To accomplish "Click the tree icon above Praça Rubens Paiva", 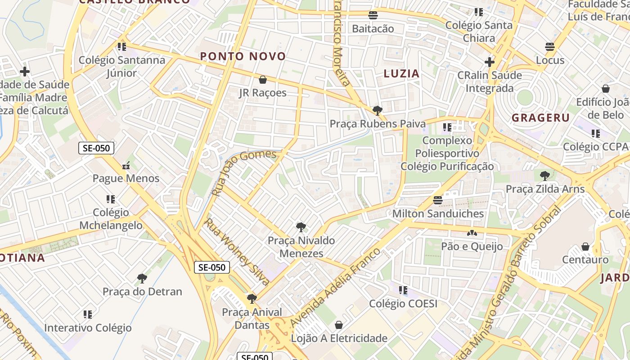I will pos(377,110).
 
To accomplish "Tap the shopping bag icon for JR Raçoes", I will pos(263,80).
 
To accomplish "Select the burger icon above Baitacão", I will pos(373,15).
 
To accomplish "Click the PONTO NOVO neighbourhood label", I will pos(243,56).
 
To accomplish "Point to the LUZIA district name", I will pos(401,74).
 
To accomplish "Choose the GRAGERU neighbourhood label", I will pos(541,118).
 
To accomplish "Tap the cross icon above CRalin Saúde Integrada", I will pos(490,62).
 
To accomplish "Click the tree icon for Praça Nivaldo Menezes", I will pos(301,227).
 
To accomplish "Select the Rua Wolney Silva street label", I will pos(237,252).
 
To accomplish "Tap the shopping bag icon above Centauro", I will pos(585,247).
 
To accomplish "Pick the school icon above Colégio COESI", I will pos(403,290).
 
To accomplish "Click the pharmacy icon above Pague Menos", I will pos(126,166).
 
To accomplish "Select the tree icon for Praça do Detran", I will pos(142,279).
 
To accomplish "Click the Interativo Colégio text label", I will pos(88,328).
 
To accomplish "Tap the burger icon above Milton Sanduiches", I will pos(438,200).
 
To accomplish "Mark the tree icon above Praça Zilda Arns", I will pos(545,175).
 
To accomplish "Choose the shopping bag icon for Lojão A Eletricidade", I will pos(339,325).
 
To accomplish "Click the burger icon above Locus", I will pos(549,47).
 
